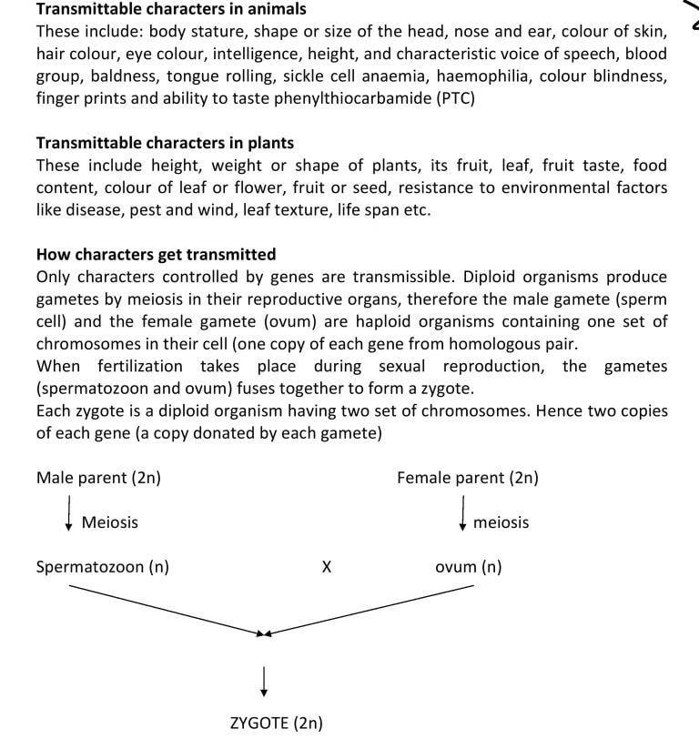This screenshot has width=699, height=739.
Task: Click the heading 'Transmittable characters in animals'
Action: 171,9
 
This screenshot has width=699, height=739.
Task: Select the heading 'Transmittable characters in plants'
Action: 165,143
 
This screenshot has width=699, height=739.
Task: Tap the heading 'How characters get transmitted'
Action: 156,254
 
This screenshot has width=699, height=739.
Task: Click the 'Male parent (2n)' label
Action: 98,477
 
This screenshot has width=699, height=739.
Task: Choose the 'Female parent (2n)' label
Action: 467,477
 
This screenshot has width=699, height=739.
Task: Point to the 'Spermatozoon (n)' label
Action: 102,567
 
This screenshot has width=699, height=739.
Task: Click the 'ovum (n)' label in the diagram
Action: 468,567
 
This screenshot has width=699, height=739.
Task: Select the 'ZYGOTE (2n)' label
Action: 276,724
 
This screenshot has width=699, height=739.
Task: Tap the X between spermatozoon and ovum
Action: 327,568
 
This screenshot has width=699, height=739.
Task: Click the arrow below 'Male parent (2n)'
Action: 70,514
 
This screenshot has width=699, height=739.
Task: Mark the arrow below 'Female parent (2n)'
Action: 464,512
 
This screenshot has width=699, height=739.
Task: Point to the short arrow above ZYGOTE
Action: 264,678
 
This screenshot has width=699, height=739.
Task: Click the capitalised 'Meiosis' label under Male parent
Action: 110,522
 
